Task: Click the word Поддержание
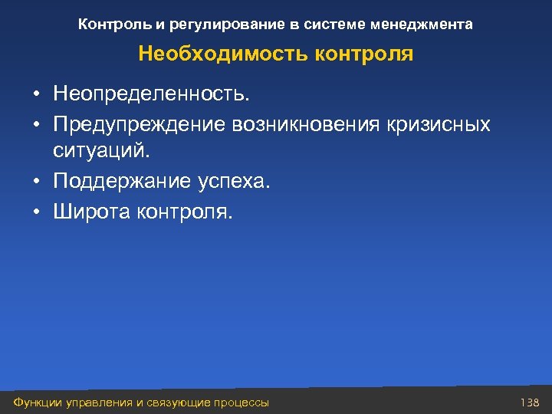[x=119, y=182]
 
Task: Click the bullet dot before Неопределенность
[x=36, y=96]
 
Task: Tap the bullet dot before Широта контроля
[x=36, y=212]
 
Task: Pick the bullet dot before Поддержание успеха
[x=36, y=183]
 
